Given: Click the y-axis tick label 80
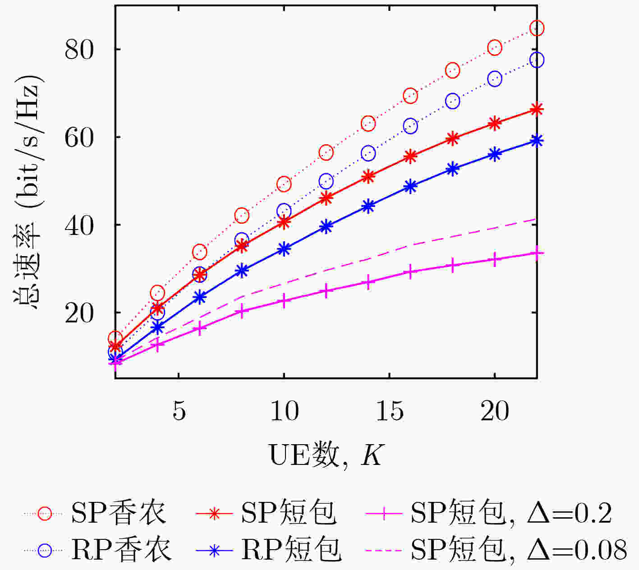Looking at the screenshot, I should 79,50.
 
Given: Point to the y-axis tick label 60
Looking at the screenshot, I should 79,138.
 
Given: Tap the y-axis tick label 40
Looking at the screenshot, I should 79,225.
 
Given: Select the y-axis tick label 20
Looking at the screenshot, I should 79,313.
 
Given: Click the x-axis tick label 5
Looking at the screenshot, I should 179,410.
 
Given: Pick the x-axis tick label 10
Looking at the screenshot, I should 284,410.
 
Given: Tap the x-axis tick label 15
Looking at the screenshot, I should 390,410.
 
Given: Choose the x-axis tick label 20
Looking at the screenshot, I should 495,410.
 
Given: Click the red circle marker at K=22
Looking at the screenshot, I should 537,28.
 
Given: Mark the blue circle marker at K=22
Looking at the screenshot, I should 537,60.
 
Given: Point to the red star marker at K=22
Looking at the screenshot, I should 537,109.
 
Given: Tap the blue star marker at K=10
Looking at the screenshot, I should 284,249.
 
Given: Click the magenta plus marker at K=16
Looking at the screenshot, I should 410,272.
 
